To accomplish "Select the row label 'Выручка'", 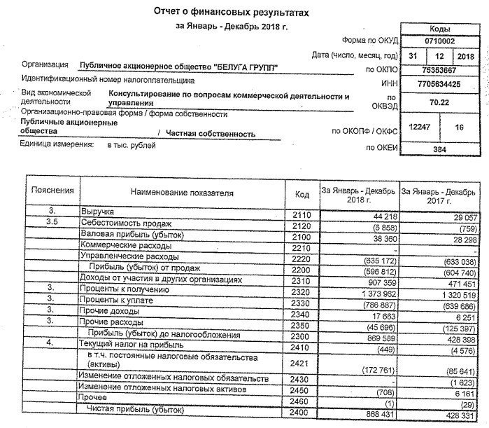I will coord(97,210).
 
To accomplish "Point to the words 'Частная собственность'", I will coord(211,132).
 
